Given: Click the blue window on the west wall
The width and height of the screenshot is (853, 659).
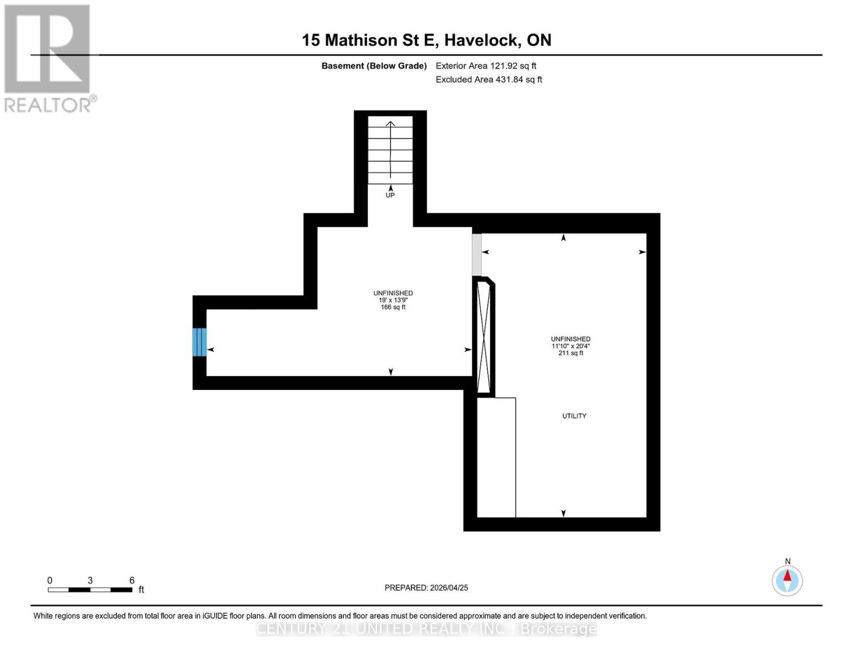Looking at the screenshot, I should click(x=199, y=342).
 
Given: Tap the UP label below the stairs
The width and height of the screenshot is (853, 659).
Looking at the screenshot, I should click(x=390, y=195).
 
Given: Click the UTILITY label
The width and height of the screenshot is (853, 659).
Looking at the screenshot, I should click(x=574, y=416).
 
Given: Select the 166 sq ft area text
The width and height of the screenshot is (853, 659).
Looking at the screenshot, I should click(x=393, y=308).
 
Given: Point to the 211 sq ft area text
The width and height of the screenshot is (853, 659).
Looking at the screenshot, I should click(x=571, y=353).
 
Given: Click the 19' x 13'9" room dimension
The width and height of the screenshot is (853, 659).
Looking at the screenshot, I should click(x=393, y=300).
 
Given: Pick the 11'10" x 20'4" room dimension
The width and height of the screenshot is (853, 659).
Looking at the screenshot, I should click(x=571, y=346).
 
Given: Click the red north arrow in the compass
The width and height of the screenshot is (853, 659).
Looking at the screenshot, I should click(x=787, y=576).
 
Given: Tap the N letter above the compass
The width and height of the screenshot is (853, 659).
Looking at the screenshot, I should click(x=788, y=561).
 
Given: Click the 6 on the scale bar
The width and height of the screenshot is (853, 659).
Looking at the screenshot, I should click(x=132, y=580).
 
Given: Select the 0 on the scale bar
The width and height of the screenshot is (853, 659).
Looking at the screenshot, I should click(x=50, y=580).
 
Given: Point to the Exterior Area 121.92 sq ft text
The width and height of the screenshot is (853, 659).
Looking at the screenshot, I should click(x=486, y=66).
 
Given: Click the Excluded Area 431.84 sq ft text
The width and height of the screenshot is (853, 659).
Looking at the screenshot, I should click(x=488, y=80).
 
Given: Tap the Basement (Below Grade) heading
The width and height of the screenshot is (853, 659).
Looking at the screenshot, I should click(x=373, y=66).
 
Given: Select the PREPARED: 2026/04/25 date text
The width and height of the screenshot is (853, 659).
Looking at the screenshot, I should click(x=426, y=588).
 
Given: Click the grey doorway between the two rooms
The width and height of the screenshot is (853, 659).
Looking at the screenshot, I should click(x=477, y=255).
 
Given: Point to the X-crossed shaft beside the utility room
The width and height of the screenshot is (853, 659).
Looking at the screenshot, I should click(x=483, y=337).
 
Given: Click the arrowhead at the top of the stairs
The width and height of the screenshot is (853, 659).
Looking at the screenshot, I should click(x=390, y=123).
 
